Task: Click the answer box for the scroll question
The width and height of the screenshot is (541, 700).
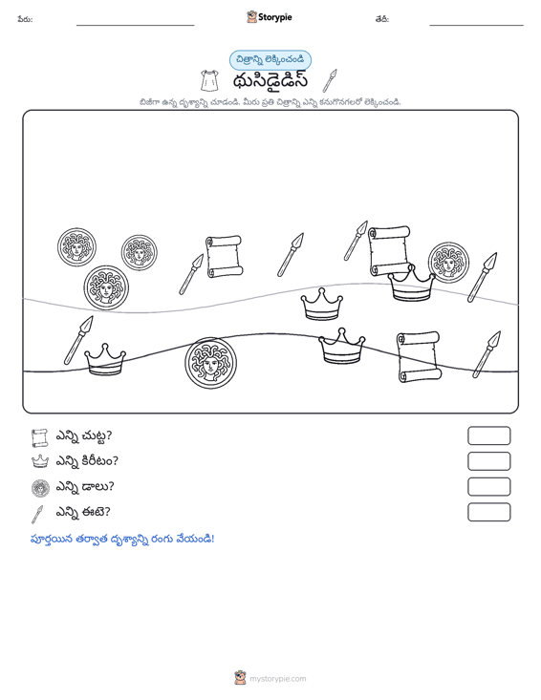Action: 488,435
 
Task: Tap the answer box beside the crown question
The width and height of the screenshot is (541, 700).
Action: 488,461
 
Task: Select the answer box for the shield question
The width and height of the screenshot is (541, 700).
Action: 488,487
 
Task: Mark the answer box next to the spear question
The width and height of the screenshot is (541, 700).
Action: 488,512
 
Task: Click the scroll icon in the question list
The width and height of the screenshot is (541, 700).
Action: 40,438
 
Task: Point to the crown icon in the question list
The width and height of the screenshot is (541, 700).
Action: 40,461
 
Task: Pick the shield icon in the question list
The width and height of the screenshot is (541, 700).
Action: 40,488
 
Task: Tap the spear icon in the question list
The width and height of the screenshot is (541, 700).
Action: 37,514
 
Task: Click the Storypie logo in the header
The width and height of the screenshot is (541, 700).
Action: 269,17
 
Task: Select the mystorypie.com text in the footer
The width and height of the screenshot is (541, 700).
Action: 277,679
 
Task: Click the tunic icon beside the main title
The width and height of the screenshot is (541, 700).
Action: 210,81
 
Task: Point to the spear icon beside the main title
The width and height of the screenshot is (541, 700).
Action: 330,80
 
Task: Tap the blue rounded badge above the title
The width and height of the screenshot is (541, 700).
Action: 270,60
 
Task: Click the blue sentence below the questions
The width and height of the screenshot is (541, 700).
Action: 122,539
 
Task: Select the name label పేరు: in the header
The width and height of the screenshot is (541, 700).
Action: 25,19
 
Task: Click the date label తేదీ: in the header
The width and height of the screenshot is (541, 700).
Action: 382,19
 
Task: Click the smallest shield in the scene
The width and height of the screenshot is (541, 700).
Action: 139,253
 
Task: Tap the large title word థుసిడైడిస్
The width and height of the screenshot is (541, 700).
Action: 270,81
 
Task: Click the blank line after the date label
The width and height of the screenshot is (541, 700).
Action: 476,25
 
